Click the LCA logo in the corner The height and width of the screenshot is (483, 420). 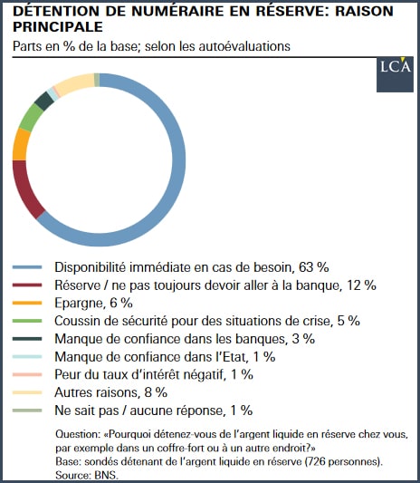click(x=395, y=74)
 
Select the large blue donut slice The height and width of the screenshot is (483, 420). click(x=178, y=160)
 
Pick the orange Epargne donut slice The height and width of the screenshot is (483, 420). click(x=20, y=144)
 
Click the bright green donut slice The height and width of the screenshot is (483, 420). click(x=30, y=118)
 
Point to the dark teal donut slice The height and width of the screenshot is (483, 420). click(x=43, y=101)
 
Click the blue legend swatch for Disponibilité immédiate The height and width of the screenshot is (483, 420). click(x=27, y=267)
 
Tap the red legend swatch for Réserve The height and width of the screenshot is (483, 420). click(x=27, y=285)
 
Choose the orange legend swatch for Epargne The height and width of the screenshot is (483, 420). click(x=27, y=303)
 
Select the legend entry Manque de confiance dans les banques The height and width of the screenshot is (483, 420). click(x=185, y=339)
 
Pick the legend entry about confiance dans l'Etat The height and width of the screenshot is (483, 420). click(x=165, y=357)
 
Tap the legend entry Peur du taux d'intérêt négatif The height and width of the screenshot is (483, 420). click(x=154, y=374)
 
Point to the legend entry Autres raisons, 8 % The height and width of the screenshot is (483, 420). click(x=110, y=392)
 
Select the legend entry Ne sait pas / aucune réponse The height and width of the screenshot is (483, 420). click(x=154, y=411)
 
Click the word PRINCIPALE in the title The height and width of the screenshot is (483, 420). click(x=58, y=27)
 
